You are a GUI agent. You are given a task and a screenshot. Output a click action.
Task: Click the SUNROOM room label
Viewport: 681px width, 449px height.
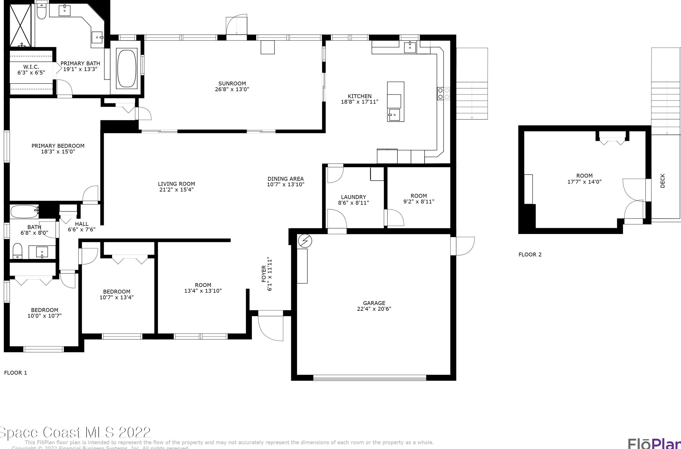point(232,84)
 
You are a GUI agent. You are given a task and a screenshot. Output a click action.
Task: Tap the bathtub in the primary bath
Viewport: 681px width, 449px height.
point(127,69)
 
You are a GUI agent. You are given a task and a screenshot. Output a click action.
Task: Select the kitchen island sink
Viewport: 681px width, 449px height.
point(394,115)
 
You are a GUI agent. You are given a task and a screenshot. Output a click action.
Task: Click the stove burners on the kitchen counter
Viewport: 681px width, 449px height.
point(443,94)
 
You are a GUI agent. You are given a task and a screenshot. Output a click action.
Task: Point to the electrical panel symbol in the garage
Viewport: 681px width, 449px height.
point(305,241)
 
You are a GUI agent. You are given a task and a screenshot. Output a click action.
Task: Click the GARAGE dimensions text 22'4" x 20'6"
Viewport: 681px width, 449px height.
point(374,309)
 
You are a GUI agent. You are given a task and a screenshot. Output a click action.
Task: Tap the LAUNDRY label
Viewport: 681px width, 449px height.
point(353,197)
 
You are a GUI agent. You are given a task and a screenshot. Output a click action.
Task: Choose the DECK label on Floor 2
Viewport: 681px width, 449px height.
point(662,181)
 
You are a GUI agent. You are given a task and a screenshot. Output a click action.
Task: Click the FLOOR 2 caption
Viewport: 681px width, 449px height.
point(530,255)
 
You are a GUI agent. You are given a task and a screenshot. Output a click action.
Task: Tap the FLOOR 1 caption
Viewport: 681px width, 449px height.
point(16,373)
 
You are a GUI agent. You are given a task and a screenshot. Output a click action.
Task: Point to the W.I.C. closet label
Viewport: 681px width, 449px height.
point(31,67)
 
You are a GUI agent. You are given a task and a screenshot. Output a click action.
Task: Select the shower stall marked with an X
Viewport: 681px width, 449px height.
point(21,25)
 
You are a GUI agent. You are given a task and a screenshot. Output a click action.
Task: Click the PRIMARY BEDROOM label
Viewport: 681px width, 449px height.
point(58,146)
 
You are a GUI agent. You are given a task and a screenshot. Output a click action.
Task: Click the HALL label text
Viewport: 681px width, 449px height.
point(82,224)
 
